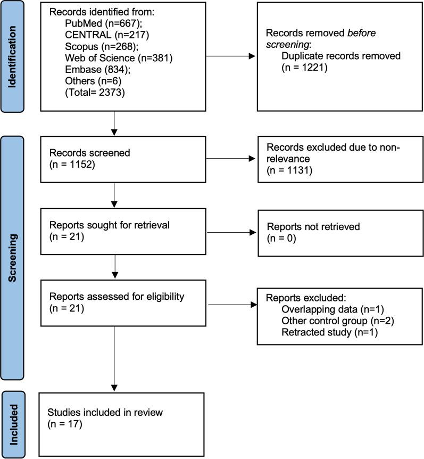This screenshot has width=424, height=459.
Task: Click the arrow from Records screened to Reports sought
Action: (x=114, y=195)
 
